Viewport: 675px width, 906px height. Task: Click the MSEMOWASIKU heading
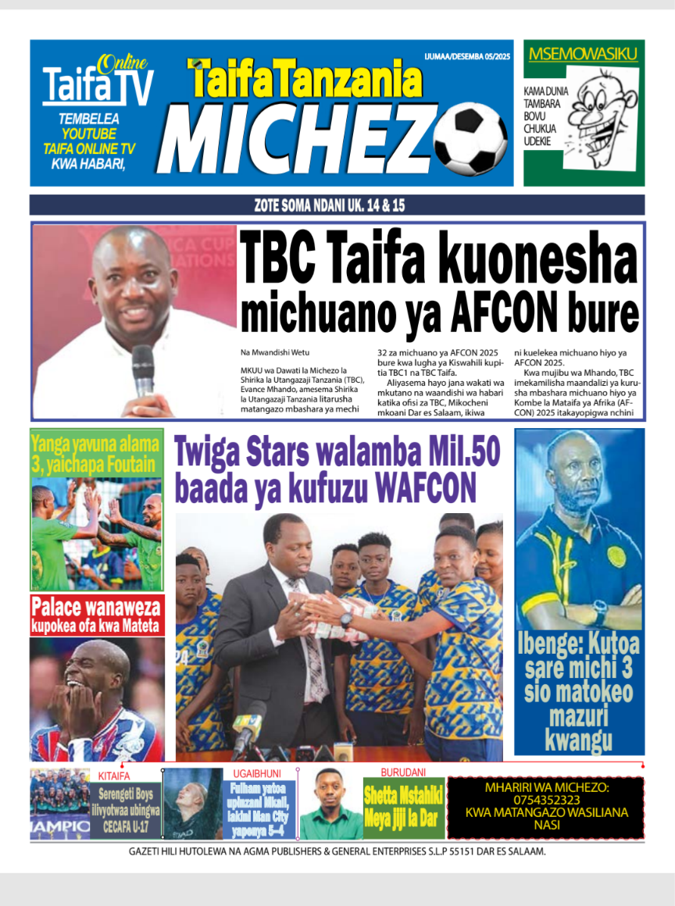583,54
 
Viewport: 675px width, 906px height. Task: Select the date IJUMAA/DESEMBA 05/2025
467,56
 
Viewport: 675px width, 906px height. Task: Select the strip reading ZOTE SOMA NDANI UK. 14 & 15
337,205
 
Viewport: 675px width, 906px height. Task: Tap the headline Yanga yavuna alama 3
97,454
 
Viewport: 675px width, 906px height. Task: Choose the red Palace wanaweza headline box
97,615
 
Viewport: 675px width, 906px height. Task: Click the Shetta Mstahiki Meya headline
403,808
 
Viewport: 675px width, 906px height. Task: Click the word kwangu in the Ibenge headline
579,740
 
